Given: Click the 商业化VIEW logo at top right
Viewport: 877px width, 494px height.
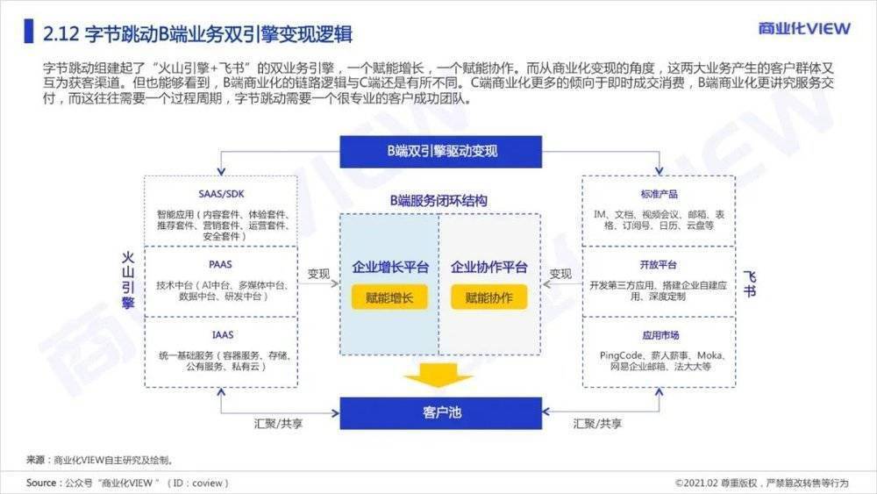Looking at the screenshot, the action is (x=803, y=28).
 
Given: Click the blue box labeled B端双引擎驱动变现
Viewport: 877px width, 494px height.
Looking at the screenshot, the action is (x=441, y=152).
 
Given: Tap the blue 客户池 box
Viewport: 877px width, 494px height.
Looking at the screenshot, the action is (x=441, y=413).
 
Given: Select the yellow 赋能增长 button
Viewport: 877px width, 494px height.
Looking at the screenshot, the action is (x=389, y=297).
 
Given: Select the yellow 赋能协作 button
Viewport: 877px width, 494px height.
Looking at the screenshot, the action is (x=488, y=297).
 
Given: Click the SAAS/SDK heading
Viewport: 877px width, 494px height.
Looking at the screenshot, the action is (x=222, y=194).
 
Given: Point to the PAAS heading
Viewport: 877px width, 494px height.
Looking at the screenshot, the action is (x=221, y=265).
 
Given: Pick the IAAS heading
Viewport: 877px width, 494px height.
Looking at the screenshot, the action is (x=222, y=335).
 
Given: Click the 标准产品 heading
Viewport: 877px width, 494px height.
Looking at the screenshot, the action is (x=659, y=194).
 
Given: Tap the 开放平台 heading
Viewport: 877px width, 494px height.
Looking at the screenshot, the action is (x=659, y=265).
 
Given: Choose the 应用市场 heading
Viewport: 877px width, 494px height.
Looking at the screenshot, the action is (x=660, y=335).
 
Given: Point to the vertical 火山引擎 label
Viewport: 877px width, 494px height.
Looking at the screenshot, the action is (x=129, y=281).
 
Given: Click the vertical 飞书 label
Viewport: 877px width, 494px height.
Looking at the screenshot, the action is (x=750, y=283).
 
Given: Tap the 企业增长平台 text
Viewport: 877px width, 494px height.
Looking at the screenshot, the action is (x=390, y=268).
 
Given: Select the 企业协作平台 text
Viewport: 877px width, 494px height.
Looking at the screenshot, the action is (x=488, y=268).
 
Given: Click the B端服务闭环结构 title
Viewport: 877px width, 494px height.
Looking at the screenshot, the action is (x=438, y=201).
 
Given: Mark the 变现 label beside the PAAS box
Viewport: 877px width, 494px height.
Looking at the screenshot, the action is (x=318, y=274).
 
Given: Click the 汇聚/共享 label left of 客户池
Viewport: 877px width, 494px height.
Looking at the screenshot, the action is (x=278, y=424).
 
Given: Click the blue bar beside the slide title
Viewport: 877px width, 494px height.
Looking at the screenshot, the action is (x=29, y=32).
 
